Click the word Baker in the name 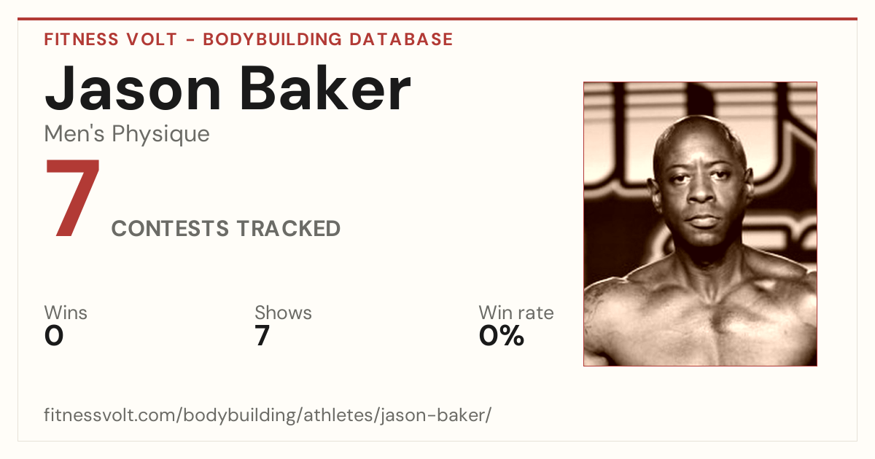tap(325, 88)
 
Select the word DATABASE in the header tap(401, 39)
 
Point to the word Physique tap(160, 135)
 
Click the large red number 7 tap(73, 197)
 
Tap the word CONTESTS tap(170, 228)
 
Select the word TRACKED tap(288, 228)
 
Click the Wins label tap(66, 313)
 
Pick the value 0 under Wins tap(54, 335)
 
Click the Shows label tap(283, 313)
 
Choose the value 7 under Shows tap(262, 335)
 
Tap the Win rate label tap(516, 313)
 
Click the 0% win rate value tap(502, 335)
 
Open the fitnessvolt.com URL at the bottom tap(268, 415)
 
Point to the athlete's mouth tap(702, 221)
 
